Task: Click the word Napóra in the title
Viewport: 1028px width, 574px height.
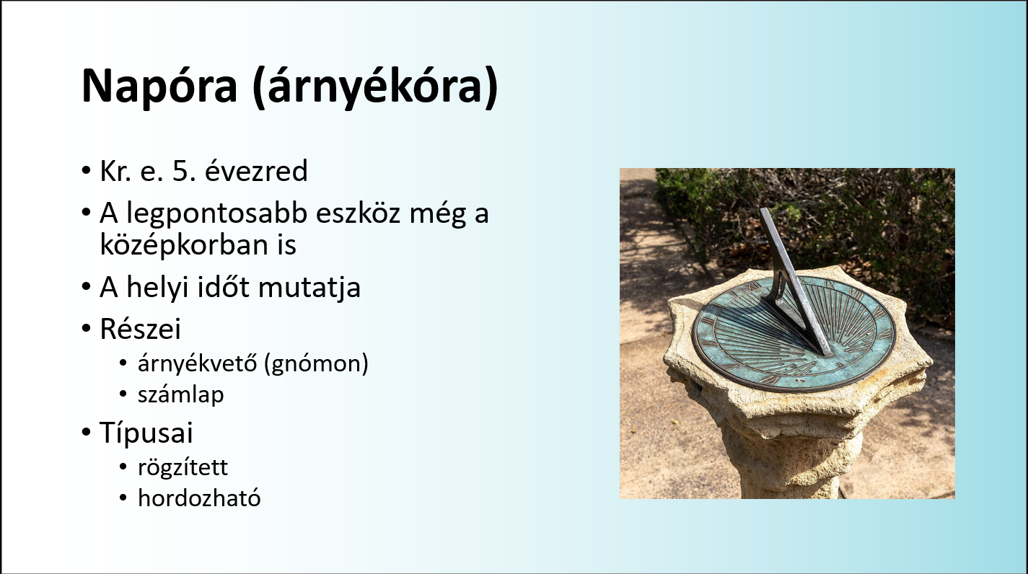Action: click(159, 87)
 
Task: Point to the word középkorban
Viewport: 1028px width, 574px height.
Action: click(187, 245)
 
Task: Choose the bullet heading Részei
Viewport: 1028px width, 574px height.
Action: click(140, 329)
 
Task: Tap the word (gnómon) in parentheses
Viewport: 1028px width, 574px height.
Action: click(317, 364)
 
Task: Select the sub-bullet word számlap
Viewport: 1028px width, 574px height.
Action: click(181, 395)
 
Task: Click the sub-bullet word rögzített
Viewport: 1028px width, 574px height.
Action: click(183, 467)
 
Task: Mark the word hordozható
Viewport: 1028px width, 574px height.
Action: click(199, 498)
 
